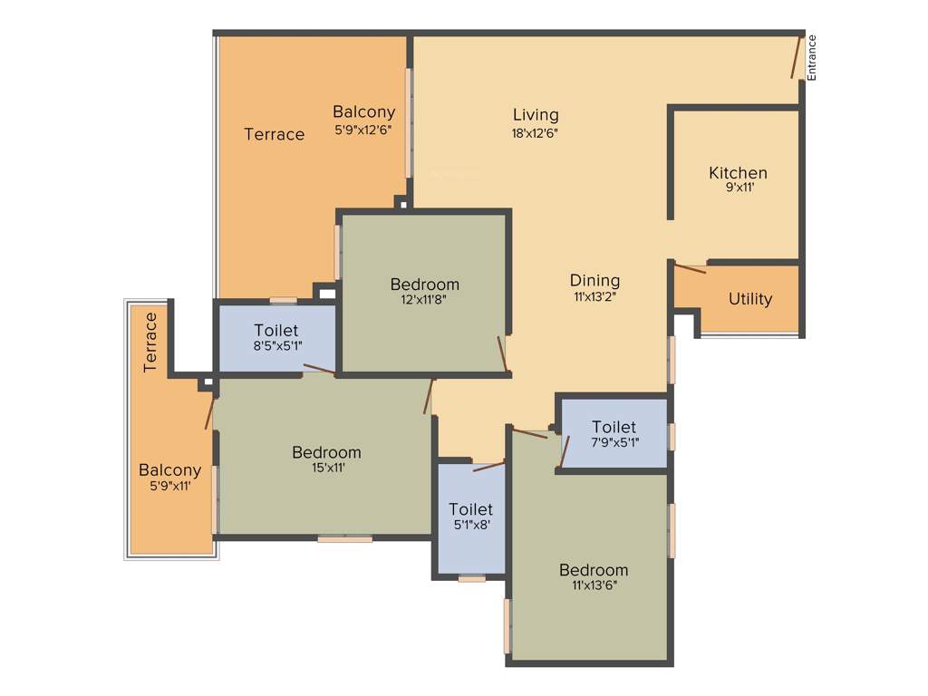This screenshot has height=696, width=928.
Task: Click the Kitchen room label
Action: tap(738, 172)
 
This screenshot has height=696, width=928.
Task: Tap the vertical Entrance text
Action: tap(812, 57)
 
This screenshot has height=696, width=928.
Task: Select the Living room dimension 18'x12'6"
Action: tap(536, 132)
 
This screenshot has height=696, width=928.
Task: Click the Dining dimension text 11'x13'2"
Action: tap(594, 295)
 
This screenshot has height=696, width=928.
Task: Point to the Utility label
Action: tap(750, 299)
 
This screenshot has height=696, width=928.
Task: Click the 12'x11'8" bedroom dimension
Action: tap(425, 300)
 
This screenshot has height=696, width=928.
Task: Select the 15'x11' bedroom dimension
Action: tap(326, 469)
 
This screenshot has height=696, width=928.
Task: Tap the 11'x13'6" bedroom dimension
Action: tap(594, 585)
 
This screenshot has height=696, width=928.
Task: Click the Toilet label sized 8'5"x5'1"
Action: tap(276, 331)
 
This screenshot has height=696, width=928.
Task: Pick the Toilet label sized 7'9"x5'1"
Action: tap(614, 427)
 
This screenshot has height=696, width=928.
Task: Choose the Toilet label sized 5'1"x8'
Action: tap(471, 509)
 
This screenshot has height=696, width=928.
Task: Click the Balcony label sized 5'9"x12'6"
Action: tap(363, 112)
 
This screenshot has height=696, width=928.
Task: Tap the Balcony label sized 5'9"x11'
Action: tap(169, 470)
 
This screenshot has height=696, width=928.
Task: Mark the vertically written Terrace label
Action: tap(150, 342)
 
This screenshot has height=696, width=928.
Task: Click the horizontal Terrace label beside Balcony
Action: tap(275, 134)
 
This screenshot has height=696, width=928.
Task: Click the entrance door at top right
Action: tap(796, 57)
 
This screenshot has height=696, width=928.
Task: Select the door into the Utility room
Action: tap(691, 267)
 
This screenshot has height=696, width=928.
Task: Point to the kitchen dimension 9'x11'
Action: tap(738, 188)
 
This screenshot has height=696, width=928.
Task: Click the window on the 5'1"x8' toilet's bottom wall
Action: tap(471, 577)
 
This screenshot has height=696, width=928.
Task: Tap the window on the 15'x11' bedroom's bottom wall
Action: tap(344, 539)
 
